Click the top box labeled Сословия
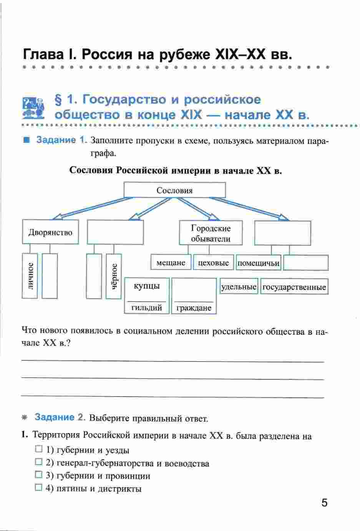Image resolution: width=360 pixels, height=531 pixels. tap(174, 190)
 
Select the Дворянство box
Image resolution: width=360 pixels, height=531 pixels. tap(50, 232)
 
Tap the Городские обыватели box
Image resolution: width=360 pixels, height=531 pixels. tap(211, 233)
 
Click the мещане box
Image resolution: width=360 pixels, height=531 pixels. tap(171, 263)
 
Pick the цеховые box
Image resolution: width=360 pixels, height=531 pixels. tap(213, 263)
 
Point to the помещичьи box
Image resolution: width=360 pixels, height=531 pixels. tap(258, 263)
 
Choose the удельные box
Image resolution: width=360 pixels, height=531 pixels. tap(239, 287)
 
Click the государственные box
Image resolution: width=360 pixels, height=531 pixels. tap(294, 287)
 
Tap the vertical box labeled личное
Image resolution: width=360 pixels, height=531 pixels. tap(30, 275)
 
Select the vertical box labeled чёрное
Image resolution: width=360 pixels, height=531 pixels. tap(114, 276)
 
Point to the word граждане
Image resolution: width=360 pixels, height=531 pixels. tap(194, 308)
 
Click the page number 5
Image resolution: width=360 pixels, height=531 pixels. tap(325, 503)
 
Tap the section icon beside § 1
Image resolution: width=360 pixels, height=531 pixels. tap(34, 108)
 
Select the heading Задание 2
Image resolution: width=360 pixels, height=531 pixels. tap(59, 417)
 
